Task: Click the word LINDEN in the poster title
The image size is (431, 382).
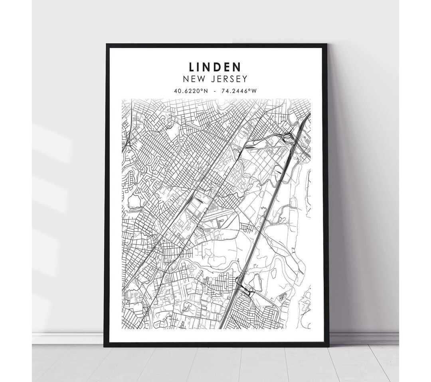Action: point(215,67)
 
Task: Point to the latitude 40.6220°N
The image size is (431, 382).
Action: point(190,91)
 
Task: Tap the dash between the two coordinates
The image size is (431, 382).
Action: point(215,91)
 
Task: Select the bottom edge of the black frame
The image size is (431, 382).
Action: point(215,345)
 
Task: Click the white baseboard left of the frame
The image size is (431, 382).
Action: point(68,338)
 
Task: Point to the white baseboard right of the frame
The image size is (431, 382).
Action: point(363,338)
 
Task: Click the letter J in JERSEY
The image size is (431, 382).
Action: point(212,79)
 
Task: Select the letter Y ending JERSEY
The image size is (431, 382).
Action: point(245,79)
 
